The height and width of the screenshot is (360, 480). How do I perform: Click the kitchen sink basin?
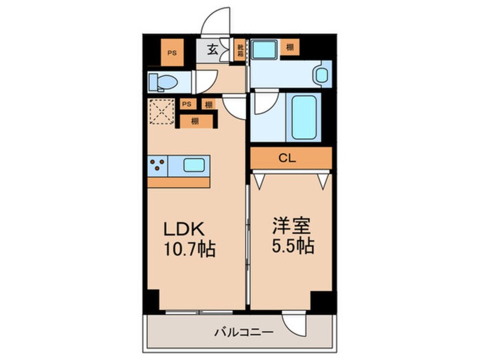tap(196, 165)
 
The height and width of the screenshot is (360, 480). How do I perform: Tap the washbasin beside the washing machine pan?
tap(322, 74)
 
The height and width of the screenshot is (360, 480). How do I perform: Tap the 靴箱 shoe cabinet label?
tap(240, 49)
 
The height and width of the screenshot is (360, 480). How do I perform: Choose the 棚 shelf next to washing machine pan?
tap(290, 47)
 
